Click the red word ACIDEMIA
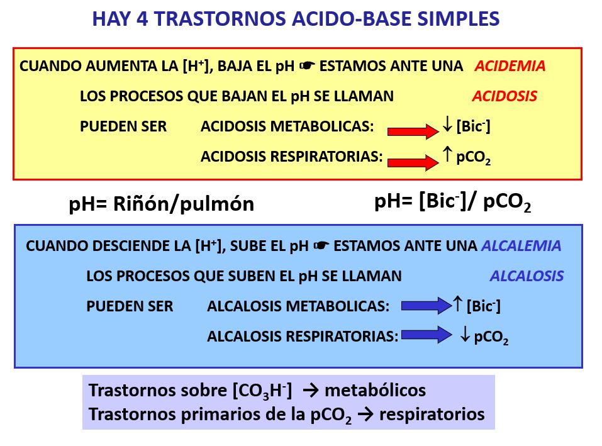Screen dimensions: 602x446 coord(510,66)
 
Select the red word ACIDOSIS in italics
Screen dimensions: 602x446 coord(504,96)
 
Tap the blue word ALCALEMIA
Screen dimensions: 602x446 coord(521,245)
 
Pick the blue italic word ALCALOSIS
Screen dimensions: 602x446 coord(527,276)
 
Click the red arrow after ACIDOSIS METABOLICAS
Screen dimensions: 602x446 coord(413,131)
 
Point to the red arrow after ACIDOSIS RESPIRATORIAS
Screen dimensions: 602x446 coord(413,162)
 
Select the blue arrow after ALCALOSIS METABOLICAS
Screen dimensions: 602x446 coord(426,306)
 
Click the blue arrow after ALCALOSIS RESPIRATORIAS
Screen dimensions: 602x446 coord(426,335)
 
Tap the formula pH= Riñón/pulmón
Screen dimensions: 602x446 coord(161,204)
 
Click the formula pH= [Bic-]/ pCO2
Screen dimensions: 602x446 coord(453,202)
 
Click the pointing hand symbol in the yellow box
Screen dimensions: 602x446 coord(307,65)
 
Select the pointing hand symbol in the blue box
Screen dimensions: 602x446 coord(321,245)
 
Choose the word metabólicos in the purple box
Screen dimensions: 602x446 coord(375,391)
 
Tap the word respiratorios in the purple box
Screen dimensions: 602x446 coord(432,415)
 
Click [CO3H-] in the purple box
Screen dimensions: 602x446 coord(262,391)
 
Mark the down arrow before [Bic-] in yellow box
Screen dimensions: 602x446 coord(447,125)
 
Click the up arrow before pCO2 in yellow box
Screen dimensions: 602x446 coord(447,154)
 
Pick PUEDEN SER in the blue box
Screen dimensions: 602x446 coord(130,306)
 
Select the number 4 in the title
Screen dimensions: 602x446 coord(142,19)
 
